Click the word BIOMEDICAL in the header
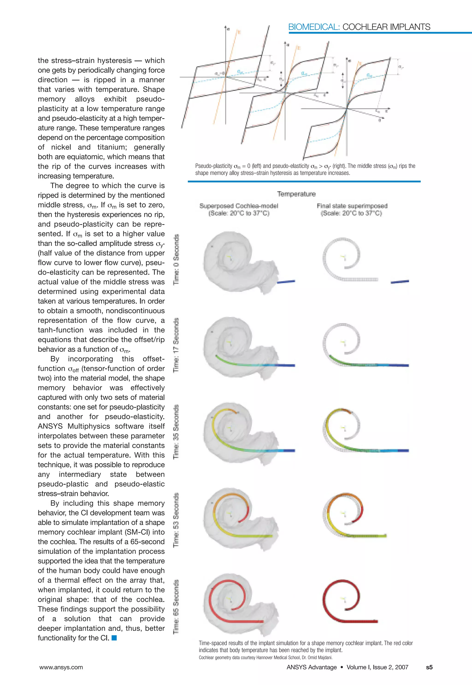coord(313,27)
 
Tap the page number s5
coord(429,667)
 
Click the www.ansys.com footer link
coord(61,667)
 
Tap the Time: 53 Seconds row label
coord(176,520)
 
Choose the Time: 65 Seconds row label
coord(176,607)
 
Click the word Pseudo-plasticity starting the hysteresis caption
coord(213,166)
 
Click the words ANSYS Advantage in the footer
coord(311,667)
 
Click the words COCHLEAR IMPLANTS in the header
coord(386,27)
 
